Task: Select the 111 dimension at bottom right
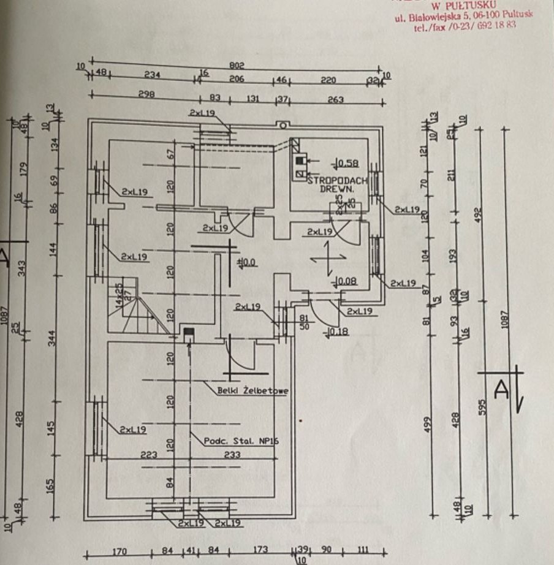(x=366, y=550)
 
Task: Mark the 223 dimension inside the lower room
(x=149, y=455)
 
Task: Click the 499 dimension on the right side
(x=428, y=422)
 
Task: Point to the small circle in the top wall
(x=283, y=126)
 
